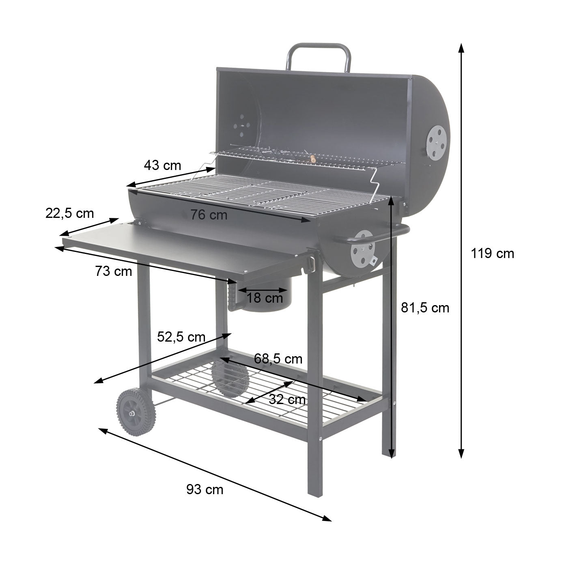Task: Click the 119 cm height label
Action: [492, 254]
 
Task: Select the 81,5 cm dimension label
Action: [425, 308]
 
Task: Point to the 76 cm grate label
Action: [209, 215]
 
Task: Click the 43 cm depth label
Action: [162, 166]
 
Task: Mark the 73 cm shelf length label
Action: [114, 271]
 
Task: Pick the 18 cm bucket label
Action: [265, 298]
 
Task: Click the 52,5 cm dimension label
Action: [181, 337]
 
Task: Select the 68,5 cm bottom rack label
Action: [278, 359]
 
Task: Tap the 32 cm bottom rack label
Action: [287, 400]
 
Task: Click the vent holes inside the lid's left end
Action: [241, 126]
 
